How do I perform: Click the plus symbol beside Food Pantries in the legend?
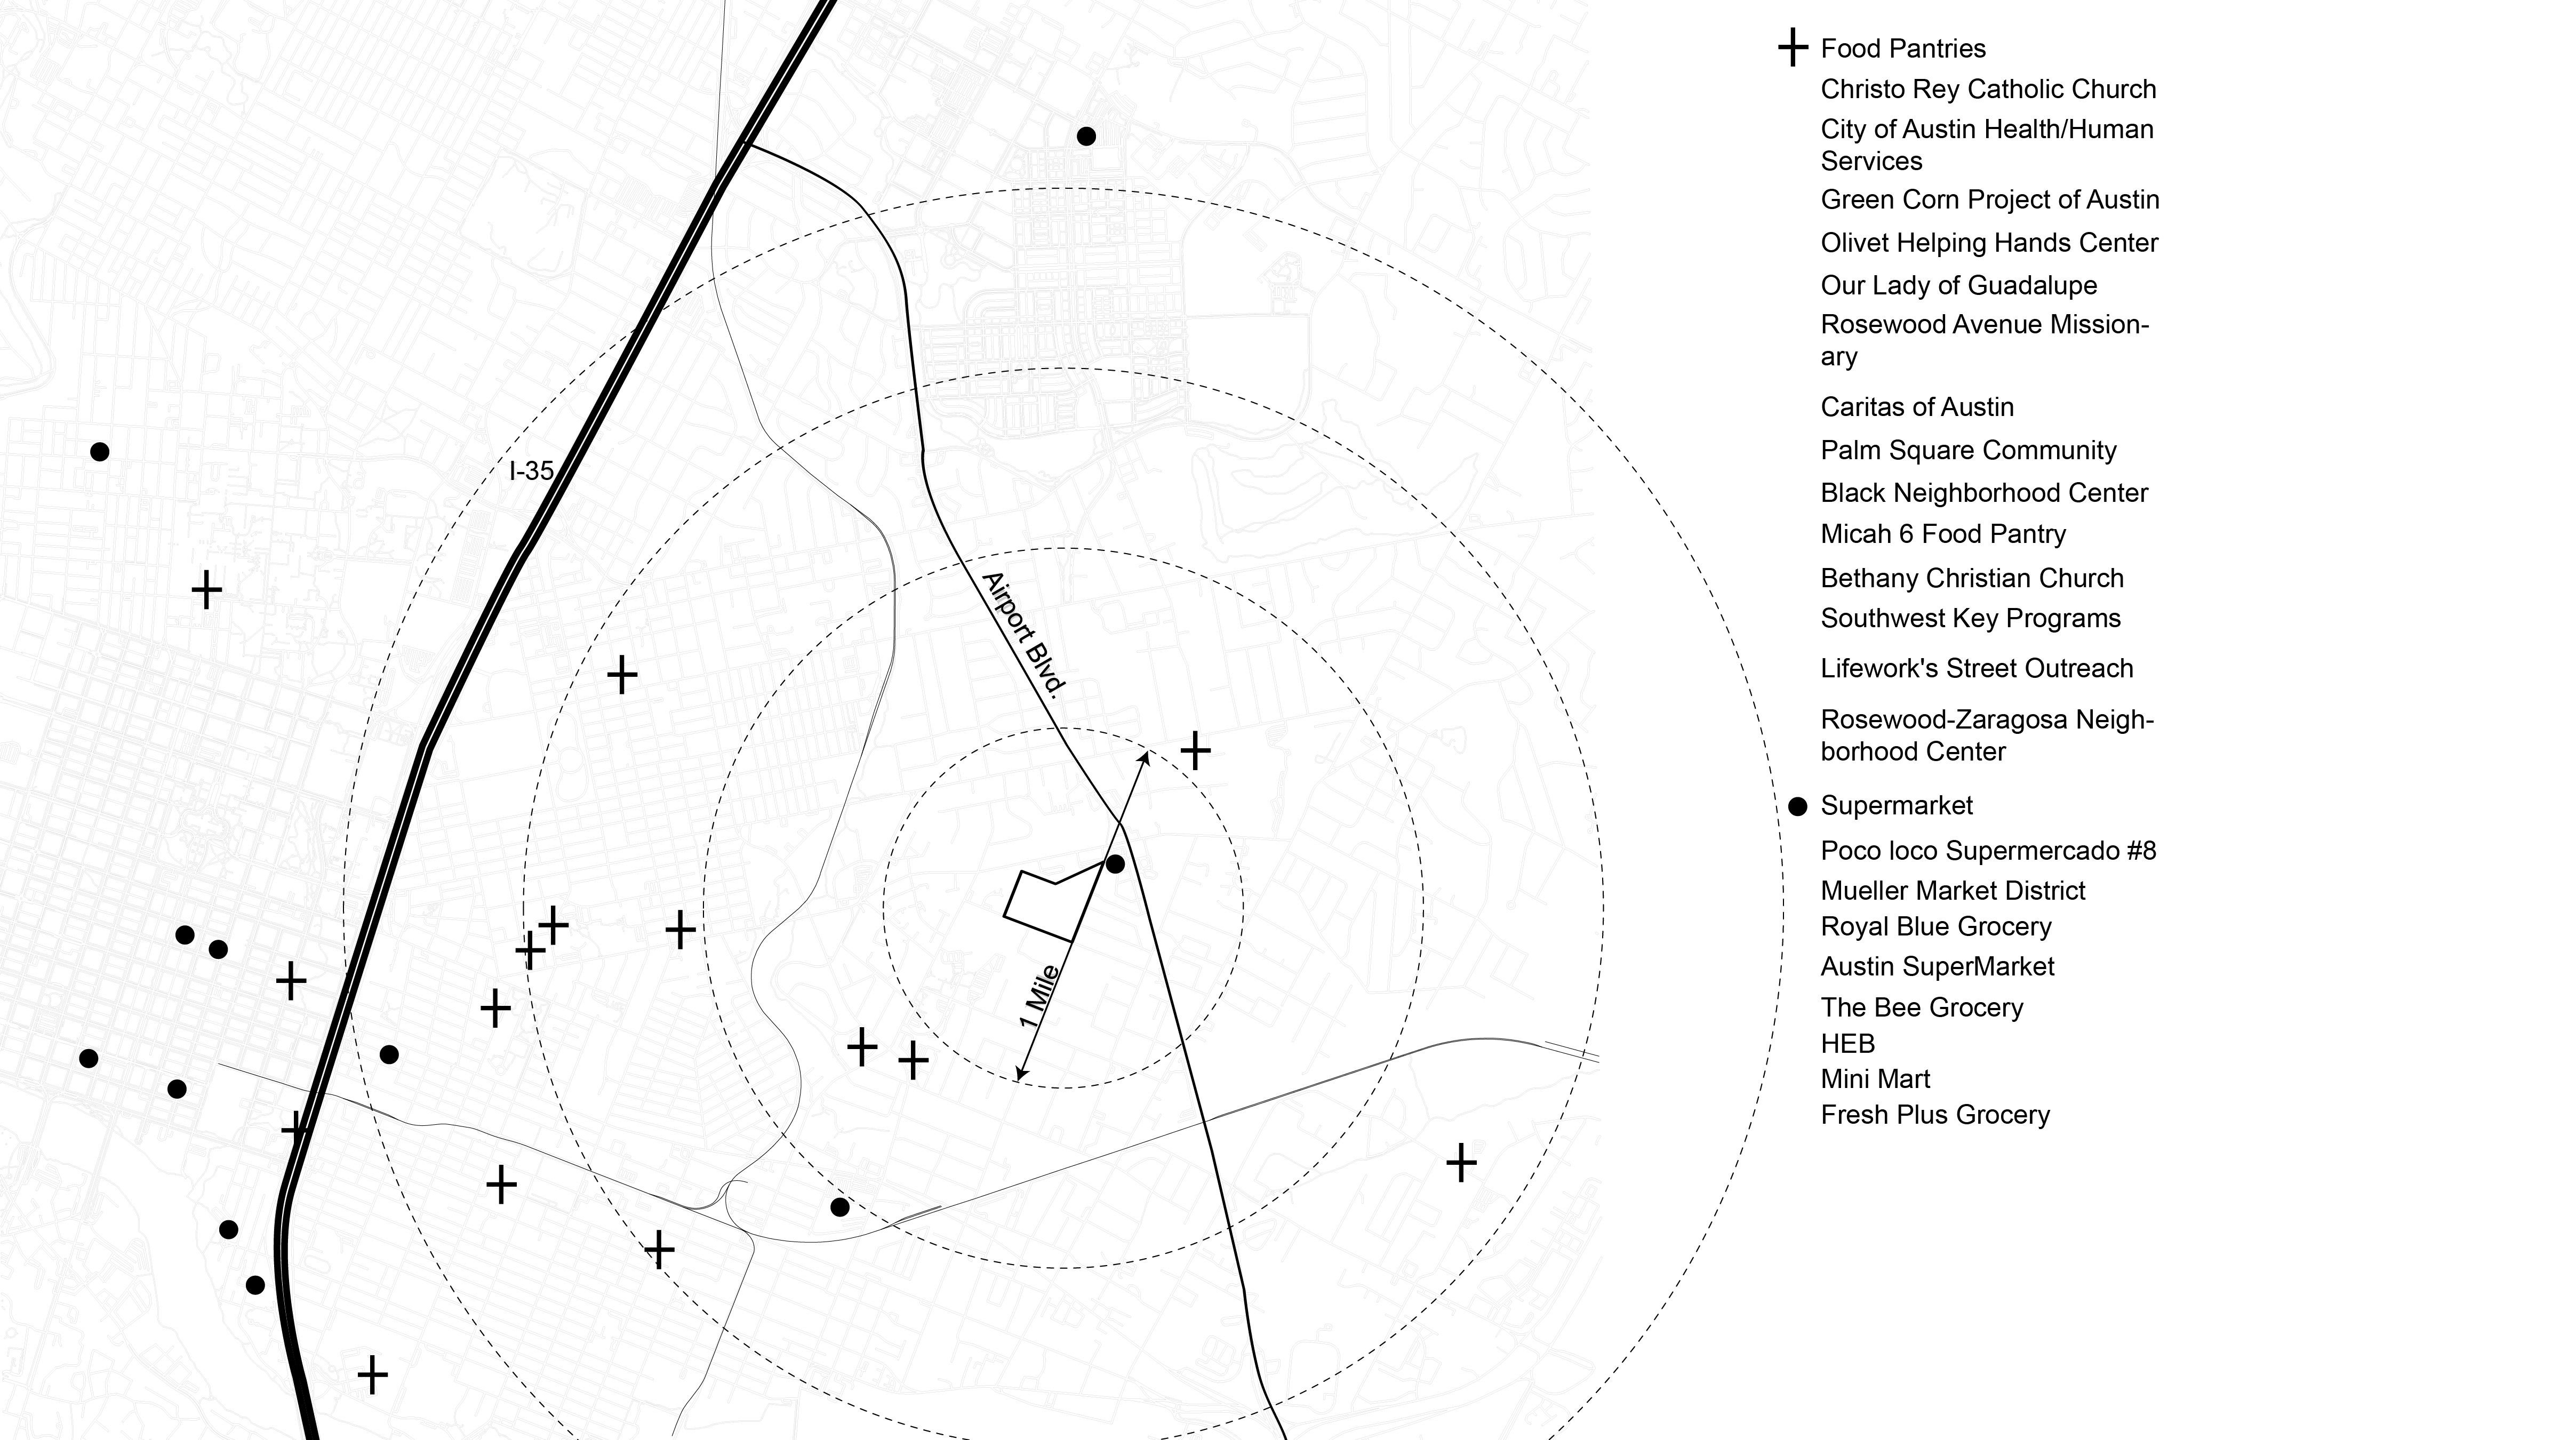click(1792, 47)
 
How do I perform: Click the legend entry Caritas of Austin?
click(1916, 406)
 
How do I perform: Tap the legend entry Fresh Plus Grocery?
click(1934, 1115)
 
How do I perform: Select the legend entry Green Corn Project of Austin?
click(1989, 200)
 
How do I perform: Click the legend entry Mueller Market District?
click(1952, 891)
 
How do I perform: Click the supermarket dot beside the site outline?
click(1115, 865)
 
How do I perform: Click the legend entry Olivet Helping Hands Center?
click(1989, 243)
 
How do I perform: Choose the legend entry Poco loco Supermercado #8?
click(1988, 851)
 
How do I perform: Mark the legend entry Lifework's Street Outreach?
click(1975, 668)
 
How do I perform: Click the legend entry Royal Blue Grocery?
click(1935, 926)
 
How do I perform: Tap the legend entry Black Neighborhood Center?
click(1983, 493)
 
